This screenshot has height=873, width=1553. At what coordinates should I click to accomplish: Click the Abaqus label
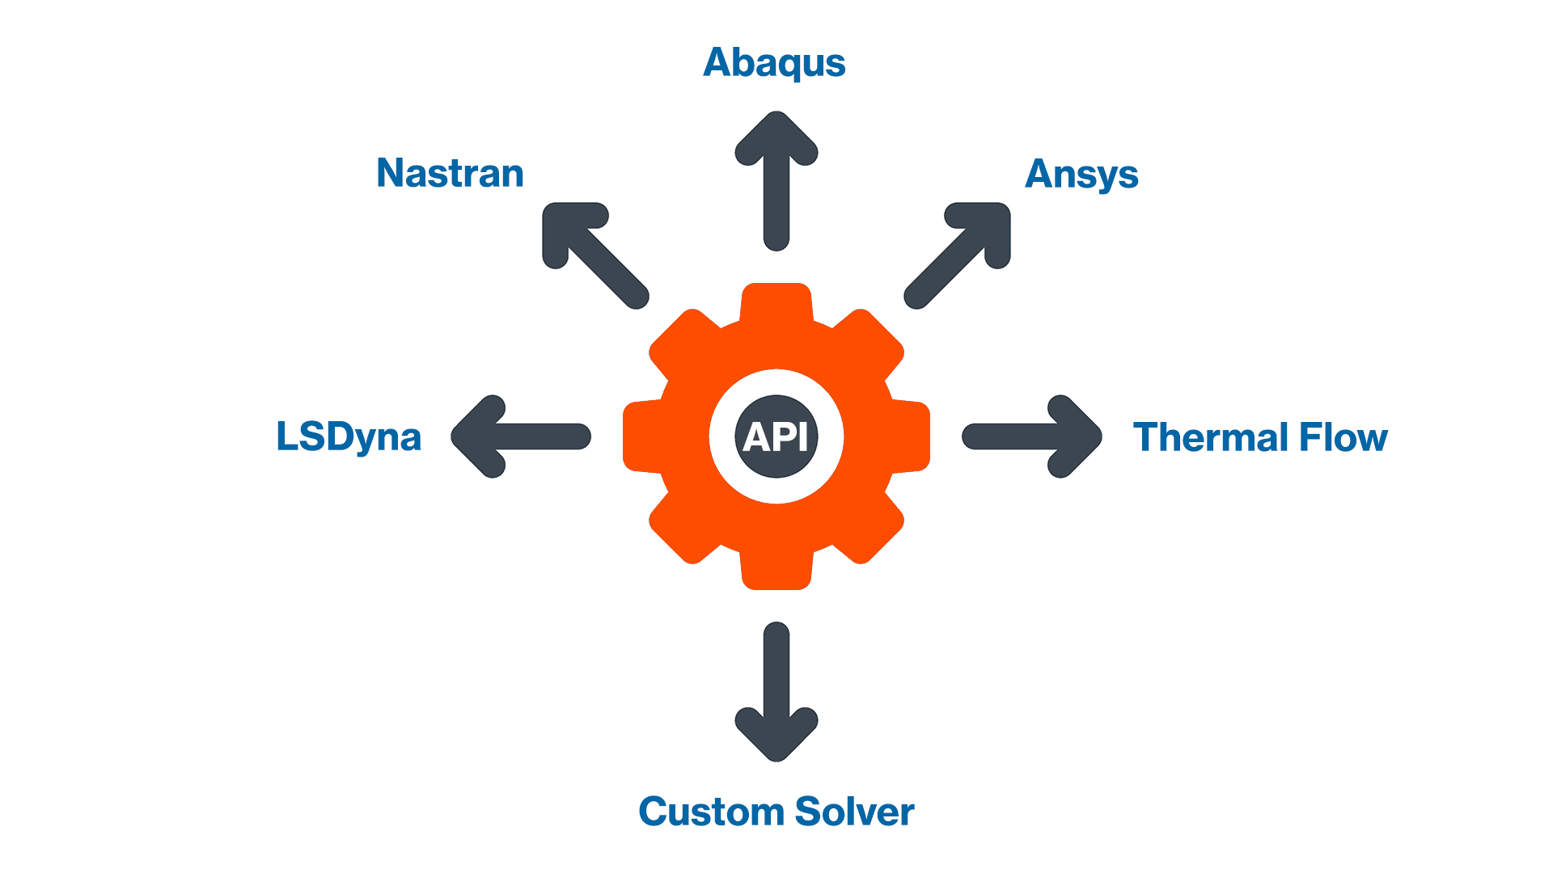coord(774,63)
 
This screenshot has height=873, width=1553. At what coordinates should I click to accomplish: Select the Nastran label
coord(451,173)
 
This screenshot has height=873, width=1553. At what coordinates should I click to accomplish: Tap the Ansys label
coord(1081,175)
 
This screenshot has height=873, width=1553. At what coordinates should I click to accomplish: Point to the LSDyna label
coord(349,437)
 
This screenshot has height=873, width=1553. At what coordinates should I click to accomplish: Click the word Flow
coord(1344,437)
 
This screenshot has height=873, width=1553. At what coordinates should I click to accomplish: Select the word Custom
coord(711,812)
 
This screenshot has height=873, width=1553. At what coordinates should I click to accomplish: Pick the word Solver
coord(855,812)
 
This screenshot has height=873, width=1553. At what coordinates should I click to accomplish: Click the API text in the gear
coord(776,437)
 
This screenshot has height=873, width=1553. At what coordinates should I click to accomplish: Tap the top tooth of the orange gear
coord(776,303)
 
